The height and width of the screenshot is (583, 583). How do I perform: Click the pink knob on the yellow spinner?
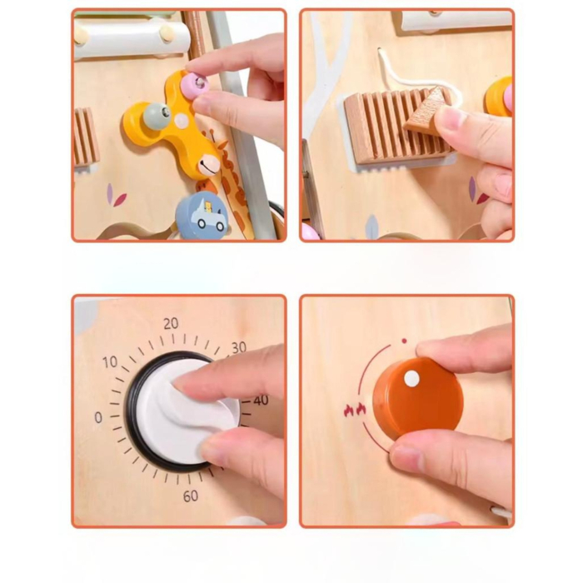coord(196,82)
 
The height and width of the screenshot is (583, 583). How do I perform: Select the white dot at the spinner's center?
coord(181,121)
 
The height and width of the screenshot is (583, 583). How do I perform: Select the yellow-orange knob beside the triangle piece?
coord(498,96)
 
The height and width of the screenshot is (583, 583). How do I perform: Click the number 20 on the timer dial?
coord(171,323)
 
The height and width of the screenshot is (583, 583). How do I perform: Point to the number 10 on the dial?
coord(110,362)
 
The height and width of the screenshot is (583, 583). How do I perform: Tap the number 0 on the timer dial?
coord(98,416)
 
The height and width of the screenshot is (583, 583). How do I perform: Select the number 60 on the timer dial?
coord(191,496)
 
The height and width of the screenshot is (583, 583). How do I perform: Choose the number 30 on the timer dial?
coord(239,347)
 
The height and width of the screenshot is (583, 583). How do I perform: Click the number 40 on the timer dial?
coord(261,401)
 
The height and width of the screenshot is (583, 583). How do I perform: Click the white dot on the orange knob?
coord(411,378)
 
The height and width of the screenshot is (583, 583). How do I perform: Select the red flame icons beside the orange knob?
coord(355,410)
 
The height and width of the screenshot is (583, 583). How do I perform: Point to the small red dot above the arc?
coord(404,341)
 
